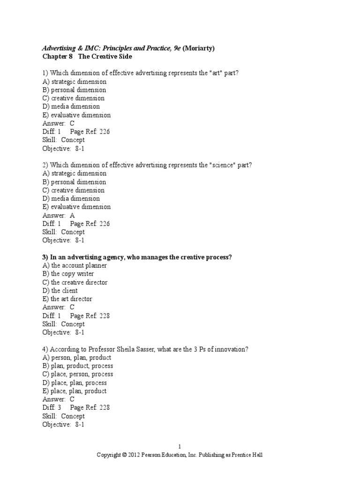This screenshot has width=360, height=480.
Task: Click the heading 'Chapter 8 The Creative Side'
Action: click(x=87, y=56)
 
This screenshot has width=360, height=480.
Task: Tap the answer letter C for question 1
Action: click(x=72, y=123)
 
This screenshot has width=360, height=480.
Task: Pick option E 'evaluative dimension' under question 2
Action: click(x=76, y=207)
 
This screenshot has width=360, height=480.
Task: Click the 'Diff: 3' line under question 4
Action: click(x=52, y=408)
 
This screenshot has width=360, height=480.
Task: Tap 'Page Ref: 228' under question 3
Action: click(x=90, y=316)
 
